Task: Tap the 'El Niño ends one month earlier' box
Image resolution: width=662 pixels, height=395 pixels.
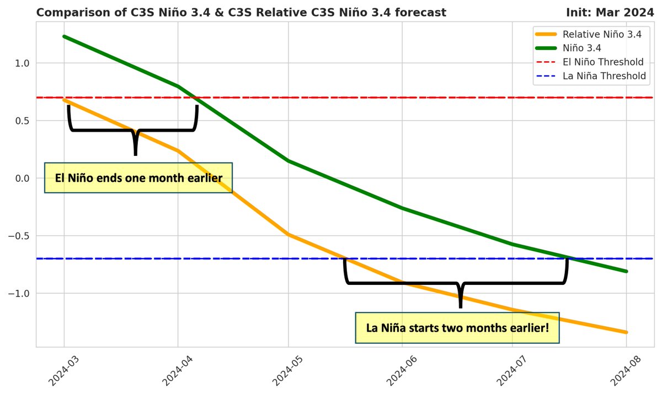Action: (138, 178)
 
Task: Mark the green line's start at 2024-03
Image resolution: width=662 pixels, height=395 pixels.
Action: (64, 36)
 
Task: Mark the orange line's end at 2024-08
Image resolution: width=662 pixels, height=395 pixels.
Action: (626, 332)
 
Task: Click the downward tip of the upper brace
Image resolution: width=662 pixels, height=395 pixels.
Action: (135, 154)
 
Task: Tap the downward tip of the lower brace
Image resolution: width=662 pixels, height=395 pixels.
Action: (460, 307)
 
